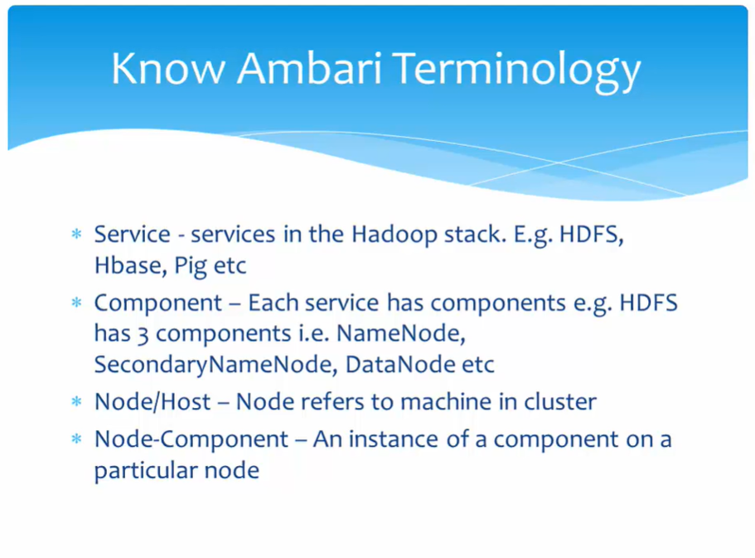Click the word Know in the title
168,69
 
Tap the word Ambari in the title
309,69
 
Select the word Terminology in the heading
516,72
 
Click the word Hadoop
394,235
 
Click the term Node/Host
152,402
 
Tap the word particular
146,471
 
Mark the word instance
394,439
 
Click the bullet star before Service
76,235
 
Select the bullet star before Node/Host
76,401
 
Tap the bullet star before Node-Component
76,439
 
